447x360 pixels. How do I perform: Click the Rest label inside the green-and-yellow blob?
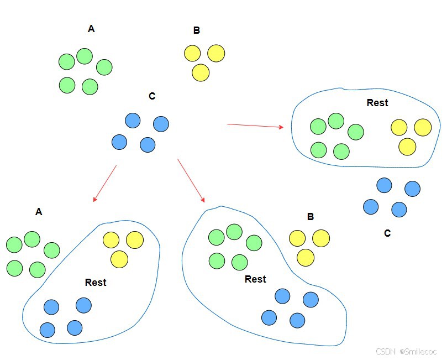click(377, 103)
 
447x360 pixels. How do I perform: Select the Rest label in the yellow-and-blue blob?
click(96, 283)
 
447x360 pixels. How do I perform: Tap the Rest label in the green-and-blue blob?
click(255, 279)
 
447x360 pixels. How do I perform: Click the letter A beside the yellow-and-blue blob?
click(39, 212)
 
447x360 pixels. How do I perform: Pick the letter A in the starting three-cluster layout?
click(91, 29)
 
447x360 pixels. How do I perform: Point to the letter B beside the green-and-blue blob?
click(311, 217)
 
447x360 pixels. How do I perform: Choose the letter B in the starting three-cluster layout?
click(197, 30)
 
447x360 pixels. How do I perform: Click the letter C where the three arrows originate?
click(152, 97)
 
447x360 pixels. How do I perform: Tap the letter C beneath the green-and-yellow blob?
click(387, 233)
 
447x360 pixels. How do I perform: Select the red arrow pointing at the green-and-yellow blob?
click(254, 126)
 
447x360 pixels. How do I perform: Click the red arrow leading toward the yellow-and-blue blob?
click(105, 183)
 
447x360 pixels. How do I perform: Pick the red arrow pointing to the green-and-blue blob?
click(191, 180)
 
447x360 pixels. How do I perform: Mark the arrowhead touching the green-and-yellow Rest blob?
click(281, 127)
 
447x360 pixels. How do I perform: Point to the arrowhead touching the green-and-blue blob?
click(202, 200)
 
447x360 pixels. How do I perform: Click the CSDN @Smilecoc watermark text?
click(406, 352)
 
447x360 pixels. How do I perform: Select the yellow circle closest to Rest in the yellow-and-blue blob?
click(119, 259)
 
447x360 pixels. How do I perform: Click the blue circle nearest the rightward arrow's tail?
click(161, 124)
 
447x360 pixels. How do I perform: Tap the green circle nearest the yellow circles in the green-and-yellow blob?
click(355, 132)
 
